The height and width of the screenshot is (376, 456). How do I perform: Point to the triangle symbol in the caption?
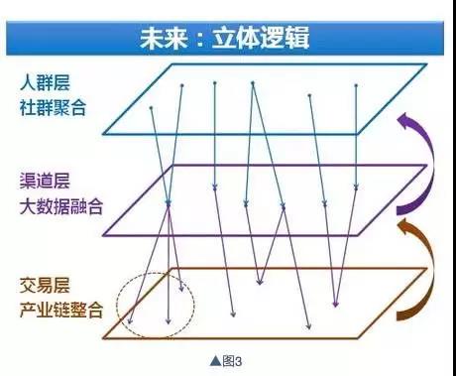coord(213,360)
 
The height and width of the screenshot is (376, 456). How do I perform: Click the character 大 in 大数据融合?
coord(28,207)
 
